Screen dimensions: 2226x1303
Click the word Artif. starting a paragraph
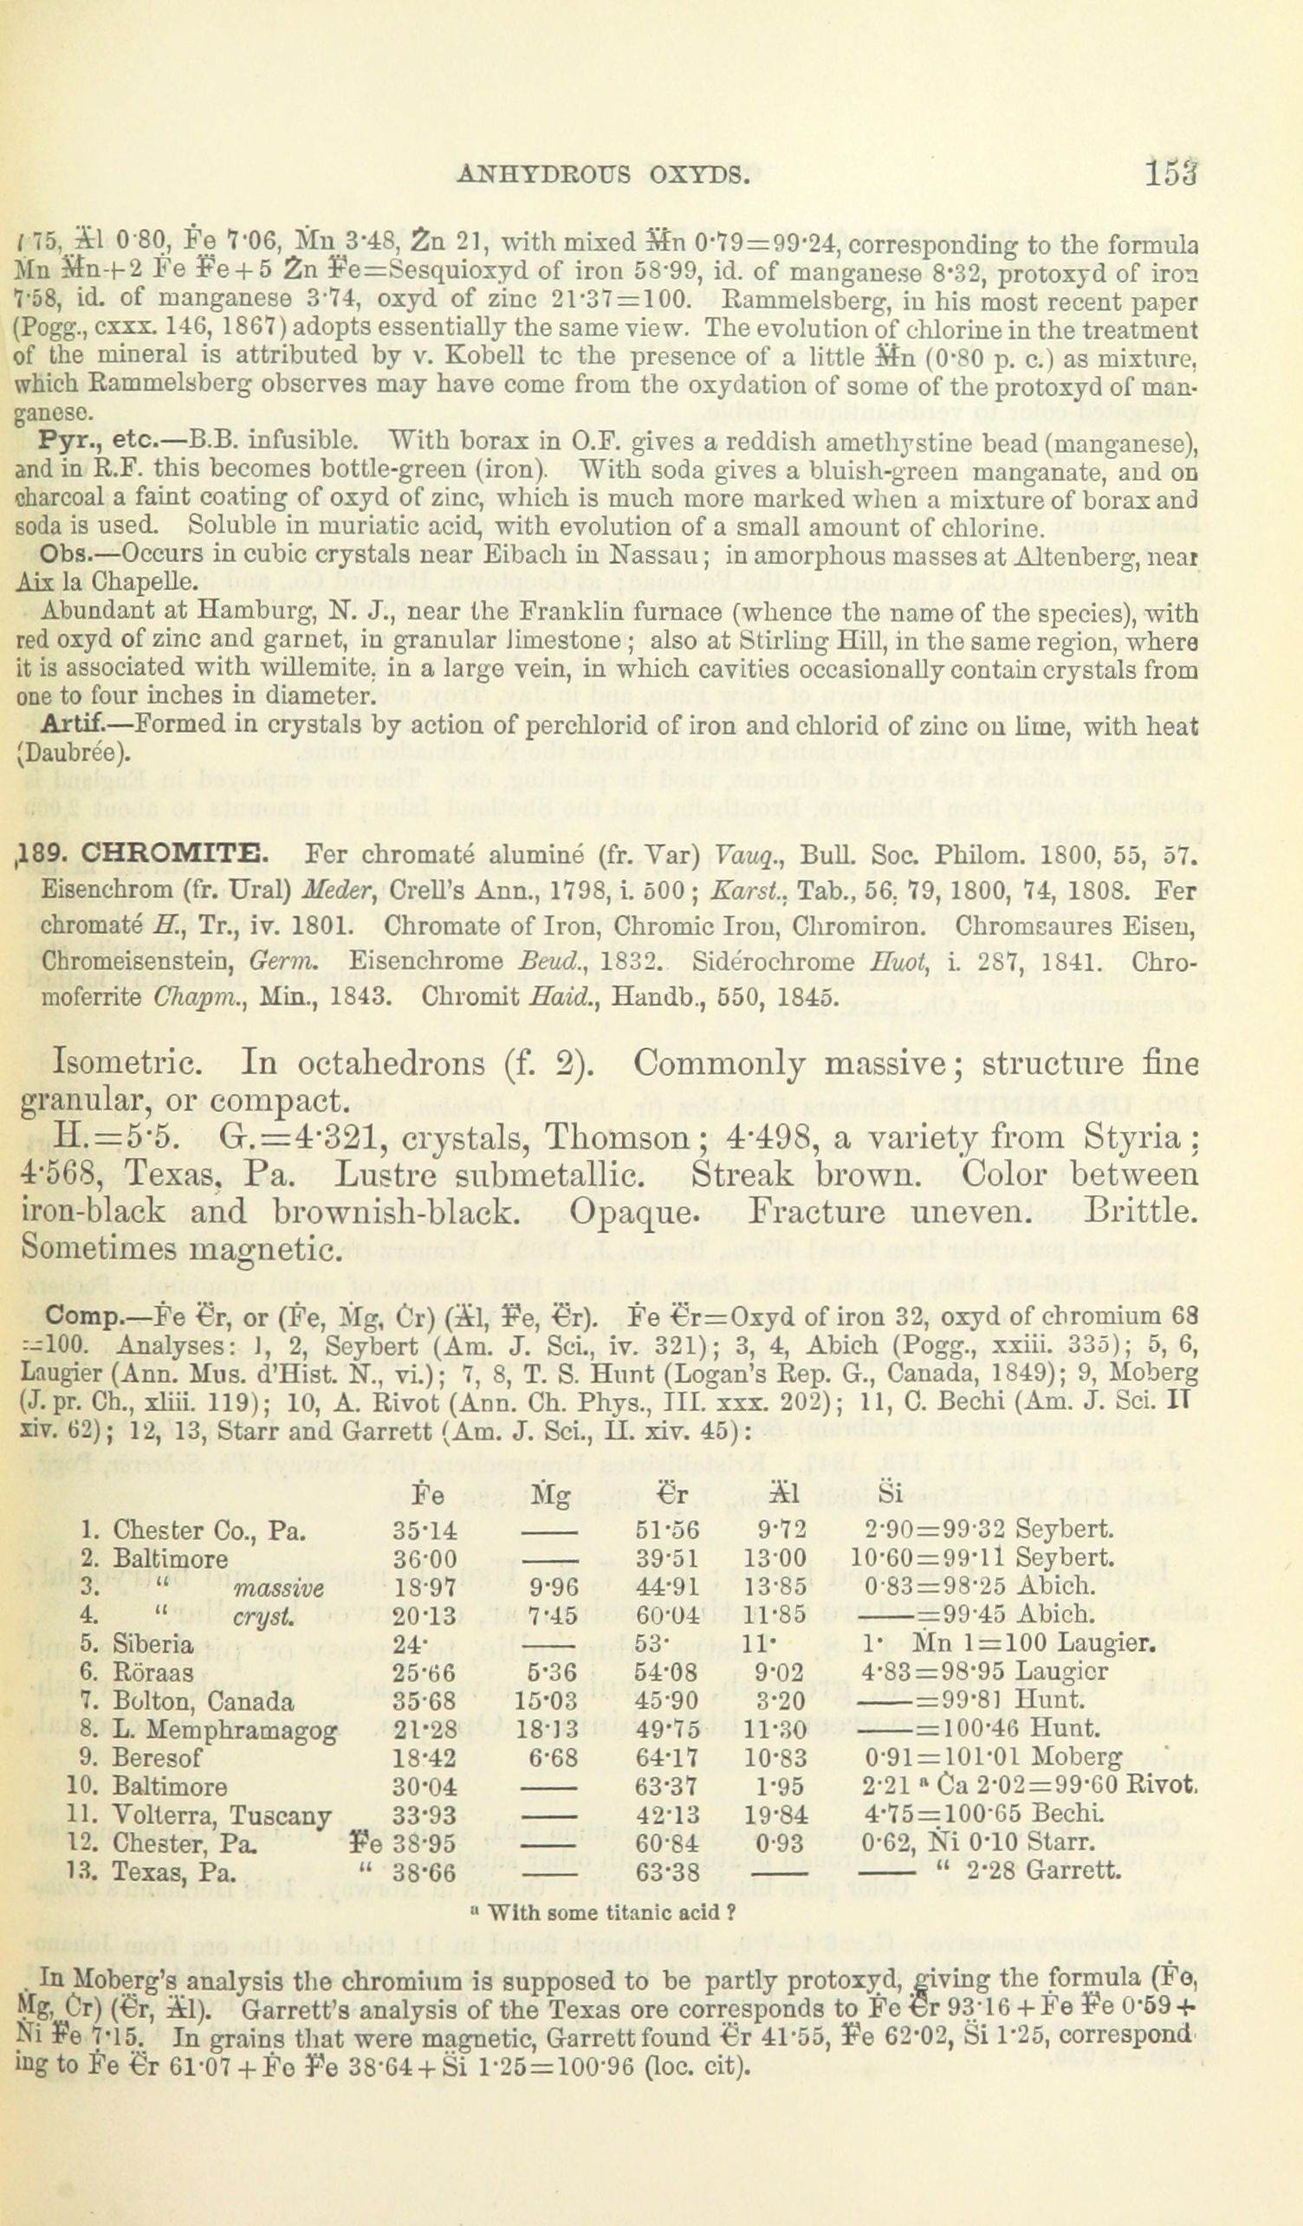(75, 725)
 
